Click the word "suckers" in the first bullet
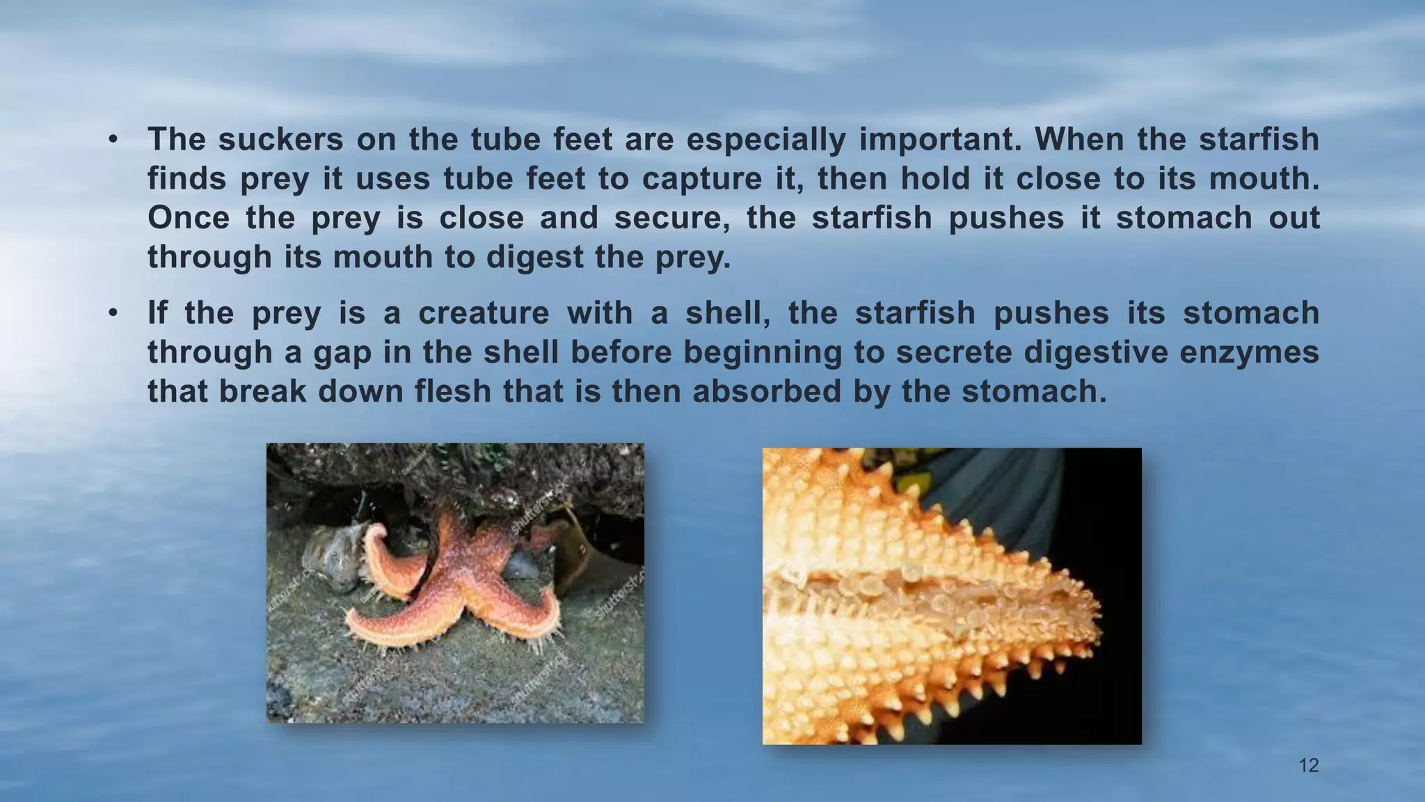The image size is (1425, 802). (280, 139)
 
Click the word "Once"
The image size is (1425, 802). (189, 218)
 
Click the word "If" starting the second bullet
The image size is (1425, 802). (157, 313)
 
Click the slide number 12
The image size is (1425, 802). (1309, 766)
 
